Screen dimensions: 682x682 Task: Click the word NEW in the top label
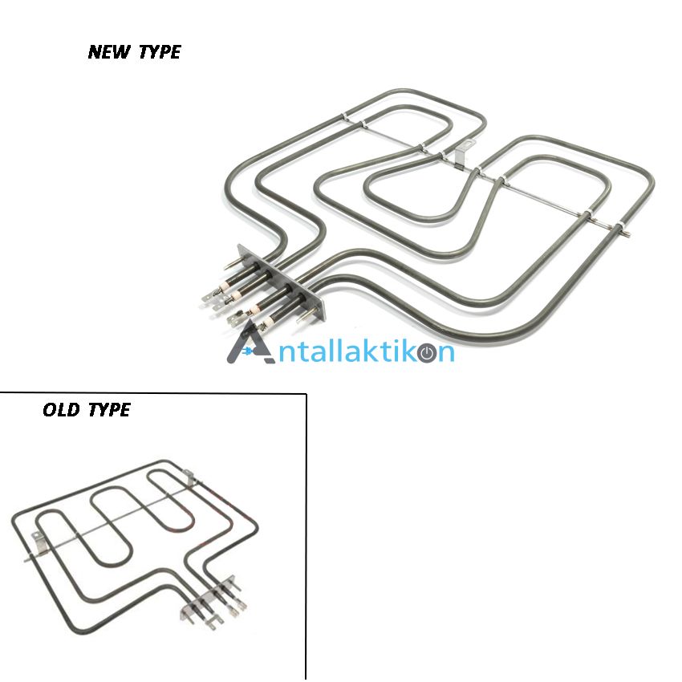pos(109,52)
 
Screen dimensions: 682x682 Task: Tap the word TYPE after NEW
pos(160,52)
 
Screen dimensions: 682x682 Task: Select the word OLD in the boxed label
pos(61,410)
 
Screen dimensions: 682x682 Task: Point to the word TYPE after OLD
pos(109,410)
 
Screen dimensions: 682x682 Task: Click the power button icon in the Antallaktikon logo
pos(428,353)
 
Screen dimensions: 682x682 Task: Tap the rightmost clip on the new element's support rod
pos(619,226)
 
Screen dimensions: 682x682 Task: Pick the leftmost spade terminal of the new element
pos(209,298)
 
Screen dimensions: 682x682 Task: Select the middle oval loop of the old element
pos(112,526)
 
